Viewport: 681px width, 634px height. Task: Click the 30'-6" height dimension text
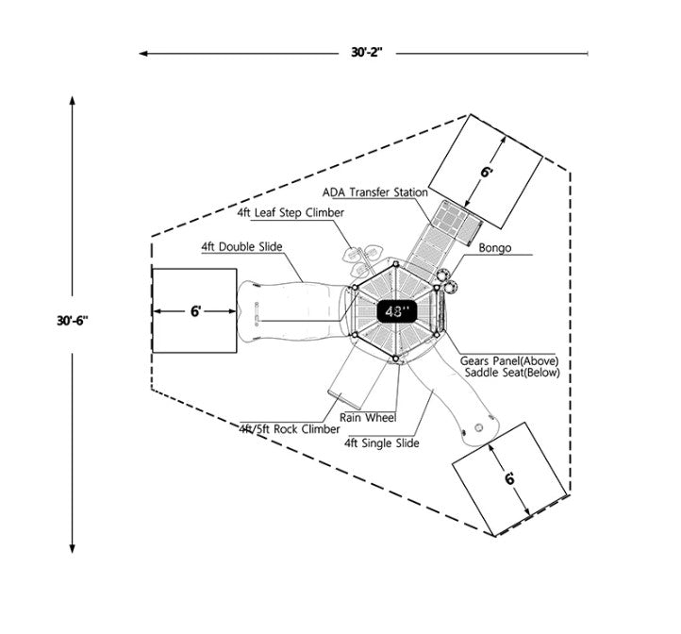coord(72,321)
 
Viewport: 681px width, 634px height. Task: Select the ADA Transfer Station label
coord(374,192)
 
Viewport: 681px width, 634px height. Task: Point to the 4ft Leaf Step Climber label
coord(291,213)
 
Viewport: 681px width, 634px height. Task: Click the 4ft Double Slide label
coord(241,247)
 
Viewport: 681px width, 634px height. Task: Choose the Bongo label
coord(494,249)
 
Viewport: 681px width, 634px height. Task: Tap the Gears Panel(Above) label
coord(510,360)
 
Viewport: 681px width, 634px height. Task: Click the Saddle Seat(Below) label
coord(512,374)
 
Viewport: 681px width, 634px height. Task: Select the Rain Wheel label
coord(368,417)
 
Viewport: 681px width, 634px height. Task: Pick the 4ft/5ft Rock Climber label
coord(290,429)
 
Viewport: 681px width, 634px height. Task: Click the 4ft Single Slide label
coord(382,442)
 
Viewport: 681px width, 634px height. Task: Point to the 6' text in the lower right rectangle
coord(510,478)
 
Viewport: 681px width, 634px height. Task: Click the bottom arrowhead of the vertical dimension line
coord(72,547)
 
